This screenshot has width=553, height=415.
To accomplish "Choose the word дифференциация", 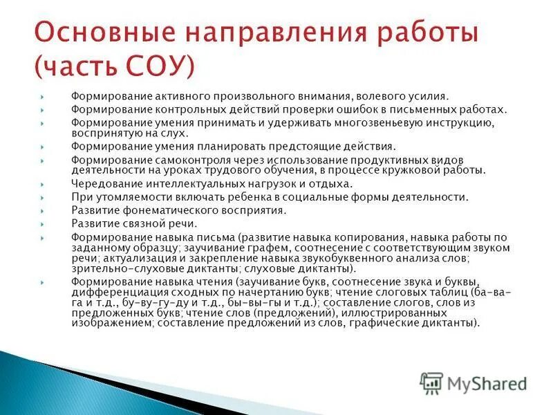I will pos(115,292).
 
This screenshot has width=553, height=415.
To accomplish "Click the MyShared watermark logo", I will pos(474,382).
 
